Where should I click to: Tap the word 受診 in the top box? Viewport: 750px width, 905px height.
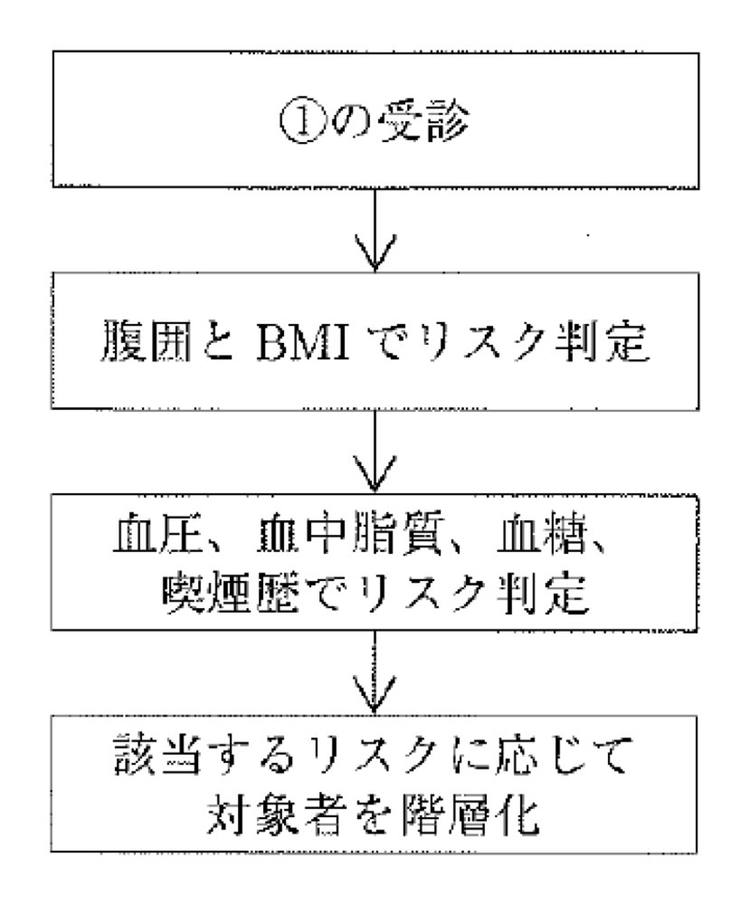pos(424,122)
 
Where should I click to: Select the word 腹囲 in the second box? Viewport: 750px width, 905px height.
pos(147,340)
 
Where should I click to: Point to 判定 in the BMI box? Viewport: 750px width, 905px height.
pos(604,340)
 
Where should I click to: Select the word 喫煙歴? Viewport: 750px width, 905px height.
pos(230,594)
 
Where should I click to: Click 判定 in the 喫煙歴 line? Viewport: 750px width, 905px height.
pos(544,594)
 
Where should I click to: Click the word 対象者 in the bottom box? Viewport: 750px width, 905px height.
pos(273,814)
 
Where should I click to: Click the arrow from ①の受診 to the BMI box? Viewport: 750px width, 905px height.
pos(375,229)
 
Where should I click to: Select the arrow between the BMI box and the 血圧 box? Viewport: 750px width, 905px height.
pos(375,451)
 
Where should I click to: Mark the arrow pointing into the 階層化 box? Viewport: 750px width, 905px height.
pos(375,672)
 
